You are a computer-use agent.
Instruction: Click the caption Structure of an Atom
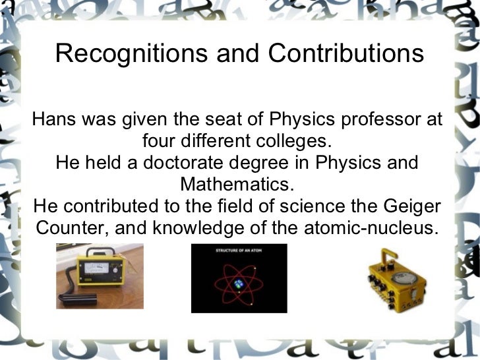[x=239, y=251]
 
